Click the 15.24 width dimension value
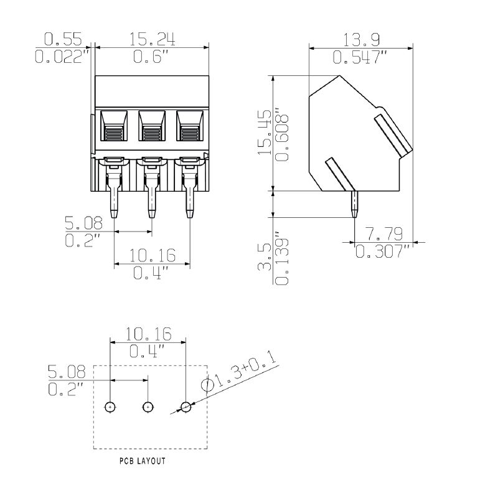coord(153,39)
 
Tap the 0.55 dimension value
coord(63,39)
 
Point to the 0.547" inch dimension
coord(360,57)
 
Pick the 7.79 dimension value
coord(383,234)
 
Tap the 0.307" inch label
coord(383,251)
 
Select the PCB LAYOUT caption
coord(143,461)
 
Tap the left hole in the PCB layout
coord(110,406)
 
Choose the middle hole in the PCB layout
coord(148,406)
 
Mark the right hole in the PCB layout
coord(186,406)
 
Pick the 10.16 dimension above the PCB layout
coord(148,334)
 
